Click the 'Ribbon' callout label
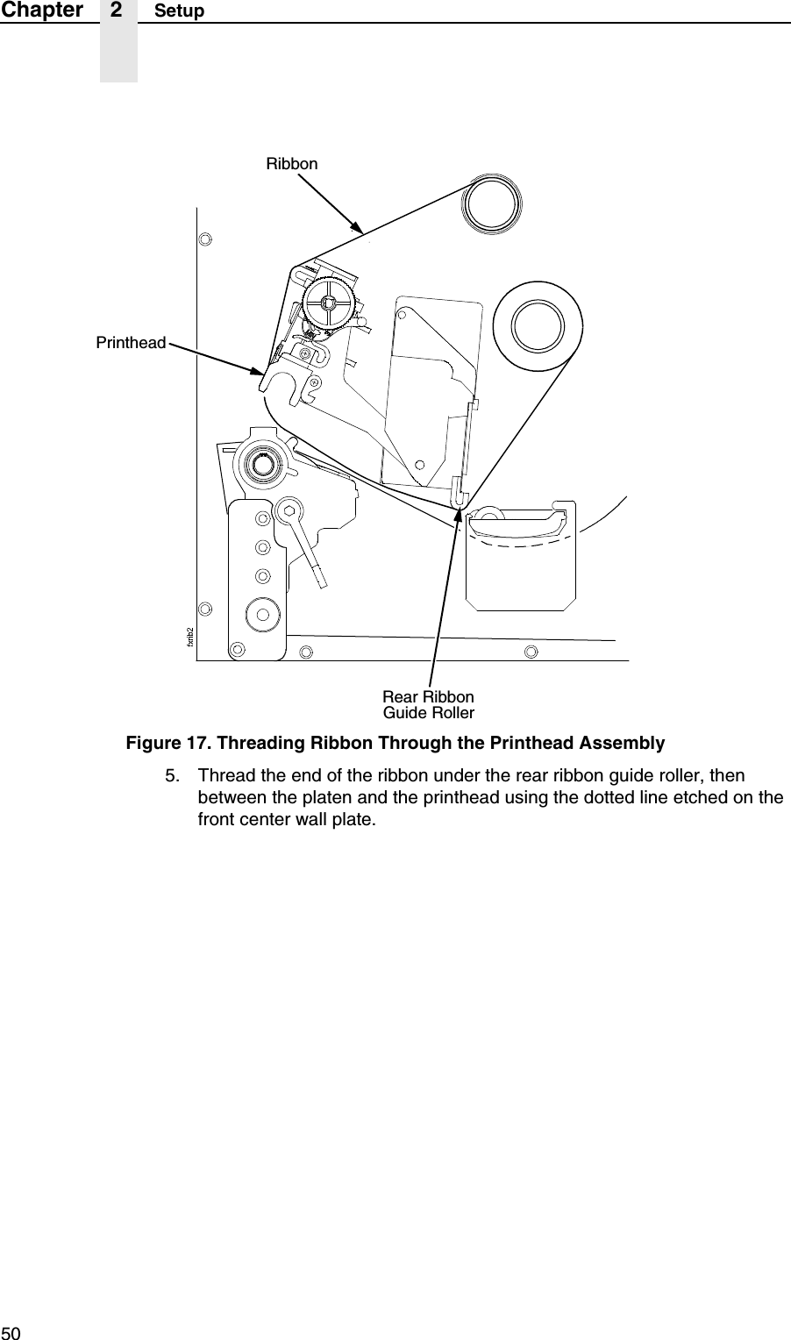(292, 164)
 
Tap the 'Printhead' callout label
(131, 343)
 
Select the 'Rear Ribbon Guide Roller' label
(428, 704)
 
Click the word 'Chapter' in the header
(42, 11)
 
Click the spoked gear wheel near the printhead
(328, 303)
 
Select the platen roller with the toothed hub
(260, 465)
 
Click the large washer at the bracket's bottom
(262, 613)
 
